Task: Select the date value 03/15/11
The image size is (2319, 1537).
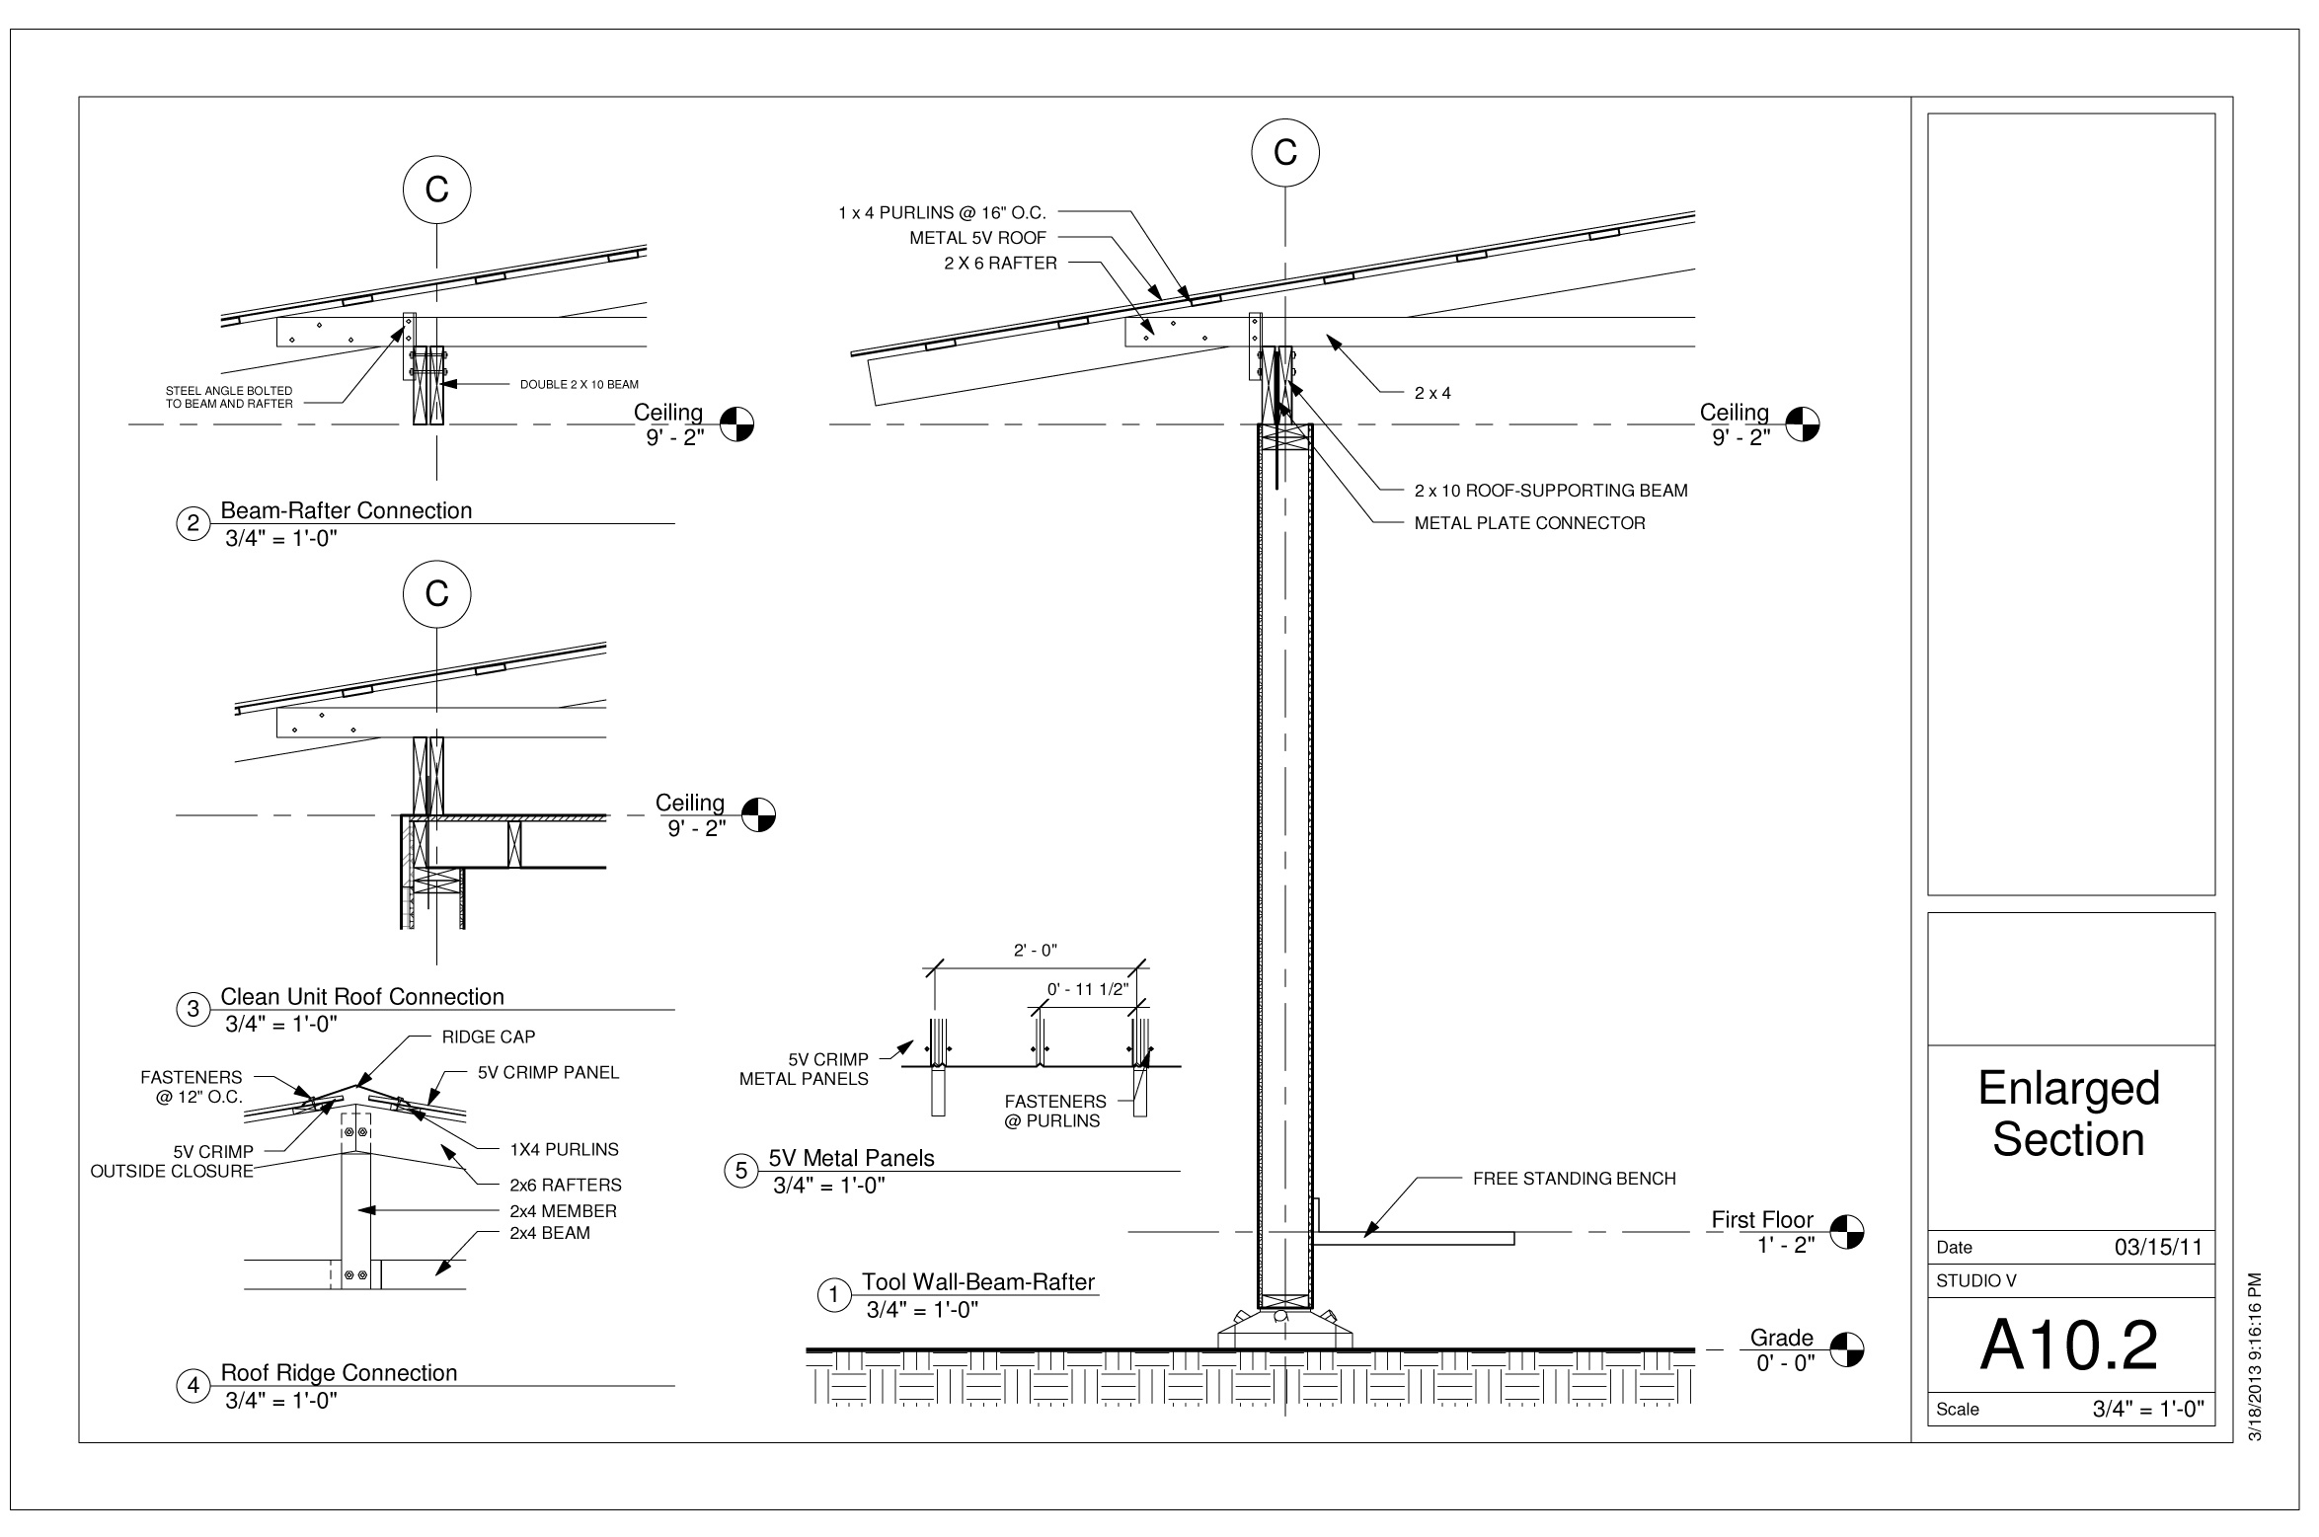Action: tap(2158, 1247)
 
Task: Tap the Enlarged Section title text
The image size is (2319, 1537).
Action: tap(2069, 1114)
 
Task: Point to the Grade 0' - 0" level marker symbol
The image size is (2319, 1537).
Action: tap(1847, 1348)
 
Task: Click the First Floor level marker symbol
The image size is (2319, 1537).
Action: tap(1847, 1232)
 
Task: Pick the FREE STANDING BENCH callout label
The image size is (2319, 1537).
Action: tap(1575, 1178)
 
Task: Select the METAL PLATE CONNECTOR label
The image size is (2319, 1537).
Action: tap(1530, 523)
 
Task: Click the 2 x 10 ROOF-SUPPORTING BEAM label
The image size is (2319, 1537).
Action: tap(1551, 491)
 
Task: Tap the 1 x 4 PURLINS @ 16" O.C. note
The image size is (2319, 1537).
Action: tap(942, 212)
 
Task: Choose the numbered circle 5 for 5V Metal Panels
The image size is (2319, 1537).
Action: tap(741, 1171)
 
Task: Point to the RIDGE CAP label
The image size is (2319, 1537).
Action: tap(489, 1037)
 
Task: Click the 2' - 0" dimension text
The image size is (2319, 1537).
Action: tap(1036, 951)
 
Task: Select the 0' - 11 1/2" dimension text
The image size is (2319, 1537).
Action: tap(1087, 989)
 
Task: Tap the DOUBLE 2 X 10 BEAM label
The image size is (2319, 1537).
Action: tap(580, 384)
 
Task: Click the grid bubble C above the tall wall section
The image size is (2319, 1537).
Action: tap(1285, 153)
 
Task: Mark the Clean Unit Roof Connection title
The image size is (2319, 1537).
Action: tap(362, 996)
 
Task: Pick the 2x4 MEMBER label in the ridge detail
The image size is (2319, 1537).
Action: tap(564, 1211)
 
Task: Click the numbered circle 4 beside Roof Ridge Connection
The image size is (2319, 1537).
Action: tap(193, 1386)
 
